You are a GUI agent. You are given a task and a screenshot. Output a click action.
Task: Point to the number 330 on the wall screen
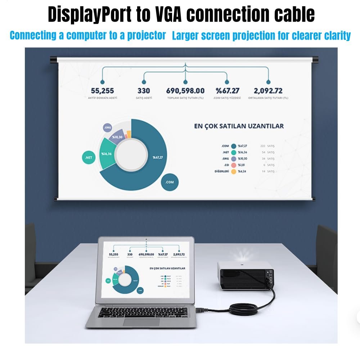144,91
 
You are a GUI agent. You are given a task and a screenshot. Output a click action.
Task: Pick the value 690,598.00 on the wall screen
185,91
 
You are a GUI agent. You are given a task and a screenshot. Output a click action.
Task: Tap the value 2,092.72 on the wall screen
268,91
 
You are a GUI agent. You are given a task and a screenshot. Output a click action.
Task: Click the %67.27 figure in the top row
227,91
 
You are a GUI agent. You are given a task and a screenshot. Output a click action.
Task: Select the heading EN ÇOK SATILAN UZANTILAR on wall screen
239,126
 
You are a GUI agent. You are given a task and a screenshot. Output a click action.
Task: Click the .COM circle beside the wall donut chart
170,182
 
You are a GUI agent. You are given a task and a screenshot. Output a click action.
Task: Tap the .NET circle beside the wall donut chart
89,157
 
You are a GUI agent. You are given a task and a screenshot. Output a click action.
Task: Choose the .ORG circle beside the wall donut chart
108,127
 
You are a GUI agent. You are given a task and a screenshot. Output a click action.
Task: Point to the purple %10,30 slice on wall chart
117,137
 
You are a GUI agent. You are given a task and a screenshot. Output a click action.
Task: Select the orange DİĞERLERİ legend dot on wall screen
234,171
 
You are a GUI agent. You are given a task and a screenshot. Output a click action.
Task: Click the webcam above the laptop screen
146,239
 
